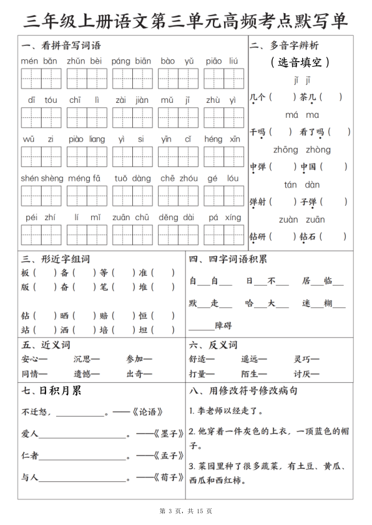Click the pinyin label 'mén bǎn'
(x=39, y=61)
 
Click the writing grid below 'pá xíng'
(x=225, y=234)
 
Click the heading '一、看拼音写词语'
(x=61, y=46)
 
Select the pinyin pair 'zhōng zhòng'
(x=302, y=150)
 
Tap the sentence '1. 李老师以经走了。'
(x=226, y=412)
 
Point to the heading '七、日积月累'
(x=52, y=391)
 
